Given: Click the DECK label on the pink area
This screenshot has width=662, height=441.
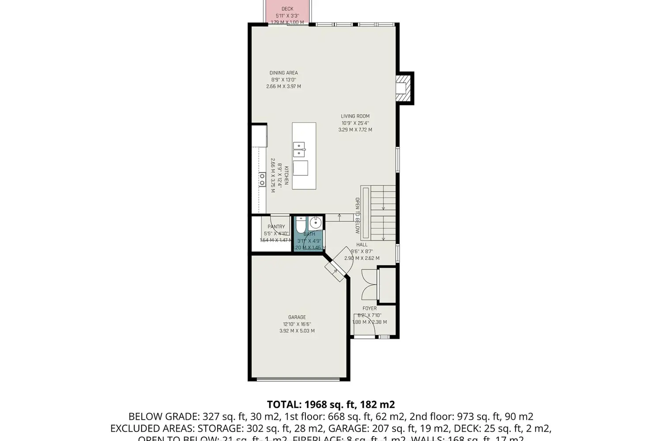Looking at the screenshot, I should [x=287, y=9].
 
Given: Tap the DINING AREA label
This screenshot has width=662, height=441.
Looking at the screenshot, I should [x=283, y=73].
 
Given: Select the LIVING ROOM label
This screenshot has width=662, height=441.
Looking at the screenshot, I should [x=355, y=116].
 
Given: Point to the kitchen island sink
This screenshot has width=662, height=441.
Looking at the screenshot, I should [x=299, y=149].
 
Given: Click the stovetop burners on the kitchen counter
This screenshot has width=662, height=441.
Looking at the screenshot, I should [x=262, y=179].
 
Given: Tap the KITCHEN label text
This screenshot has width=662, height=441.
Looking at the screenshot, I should [x=286, y=176].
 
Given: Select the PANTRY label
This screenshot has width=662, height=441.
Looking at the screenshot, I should [x=276, y=227].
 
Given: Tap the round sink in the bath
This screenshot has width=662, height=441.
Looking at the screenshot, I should [x=316, y=222].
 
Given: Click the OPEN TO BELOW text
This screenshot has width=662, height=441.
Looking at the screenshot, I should [x=357, y=216].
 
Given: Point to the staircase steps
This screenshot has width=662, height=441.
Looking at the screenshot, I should [x=383, y=213].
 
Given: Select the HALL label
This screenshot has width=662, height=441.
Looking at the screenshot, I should [x=362, y=245].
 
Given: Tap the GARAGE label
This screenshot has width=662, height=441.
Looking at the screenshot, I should [x=297, y=317].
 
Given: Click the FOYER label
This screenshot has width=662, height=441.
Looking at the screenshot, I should [x=369, y=308].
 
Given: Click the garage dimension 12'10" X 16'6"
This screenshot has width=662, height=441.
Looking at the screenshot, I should [x=297, y=324].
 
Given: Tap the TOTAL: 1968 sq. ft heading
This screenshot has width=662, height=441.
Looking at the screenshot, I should [x=331, y=404].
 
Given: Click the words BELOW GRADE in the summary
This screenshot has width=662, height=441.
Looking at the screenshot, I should [x=164, y=416].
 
